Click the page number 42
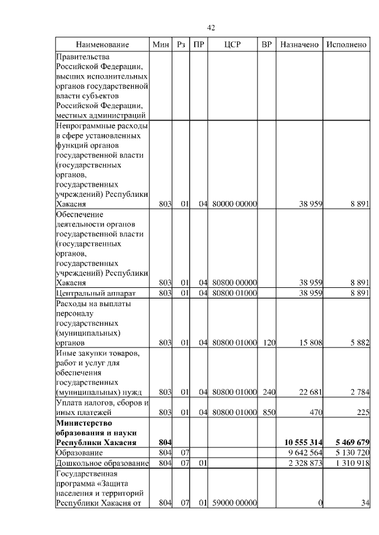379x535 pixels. click(x=211, y=28)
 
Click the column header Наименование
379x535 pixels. click(x=102, y=45)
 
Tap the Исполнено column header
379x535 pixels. click(x=346, y=45)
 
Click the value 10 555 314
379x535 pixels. click(x=303, y=442)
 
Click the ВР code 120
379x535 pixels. click(x=269, y=342)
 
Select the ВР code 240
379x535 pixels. click(x=269, y=392)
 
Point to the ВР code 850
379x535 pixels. click(x=269, y=413)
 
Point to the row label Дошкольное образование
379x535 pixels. click(x=101, y=463)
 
